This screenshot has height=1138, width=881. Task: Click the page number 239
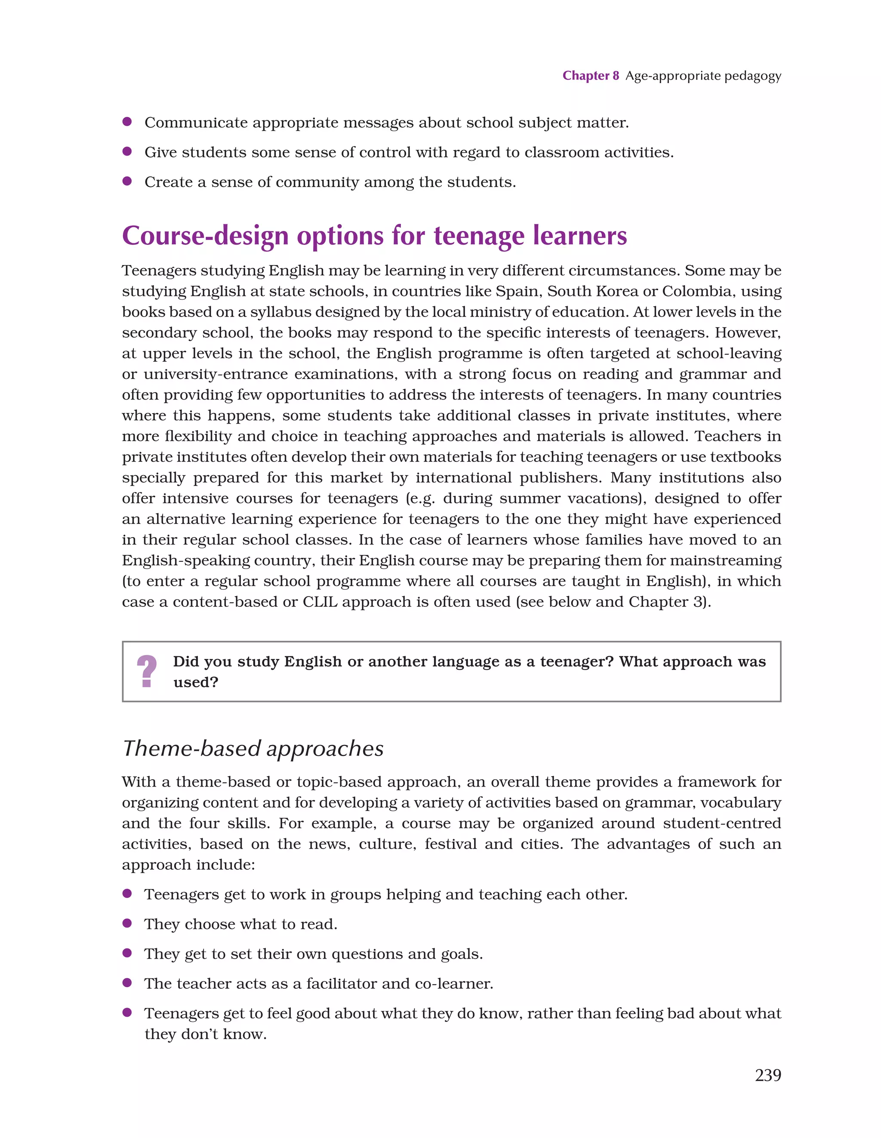pos(767,1075)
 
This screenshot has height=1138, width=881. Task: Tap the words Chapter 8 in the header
pos(590,76)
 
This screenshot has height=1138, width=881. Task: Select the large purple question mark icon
pos(147,671)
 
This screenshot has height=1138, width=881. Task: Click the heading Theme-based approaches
pos(253,748)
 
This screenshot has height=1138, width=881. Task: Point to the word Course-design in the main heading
pos(205,236)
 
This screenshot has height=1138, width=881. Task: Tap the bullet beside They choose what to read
pos(126,923)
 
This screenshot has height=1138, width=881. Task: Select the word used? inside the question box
pos(195,682)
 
